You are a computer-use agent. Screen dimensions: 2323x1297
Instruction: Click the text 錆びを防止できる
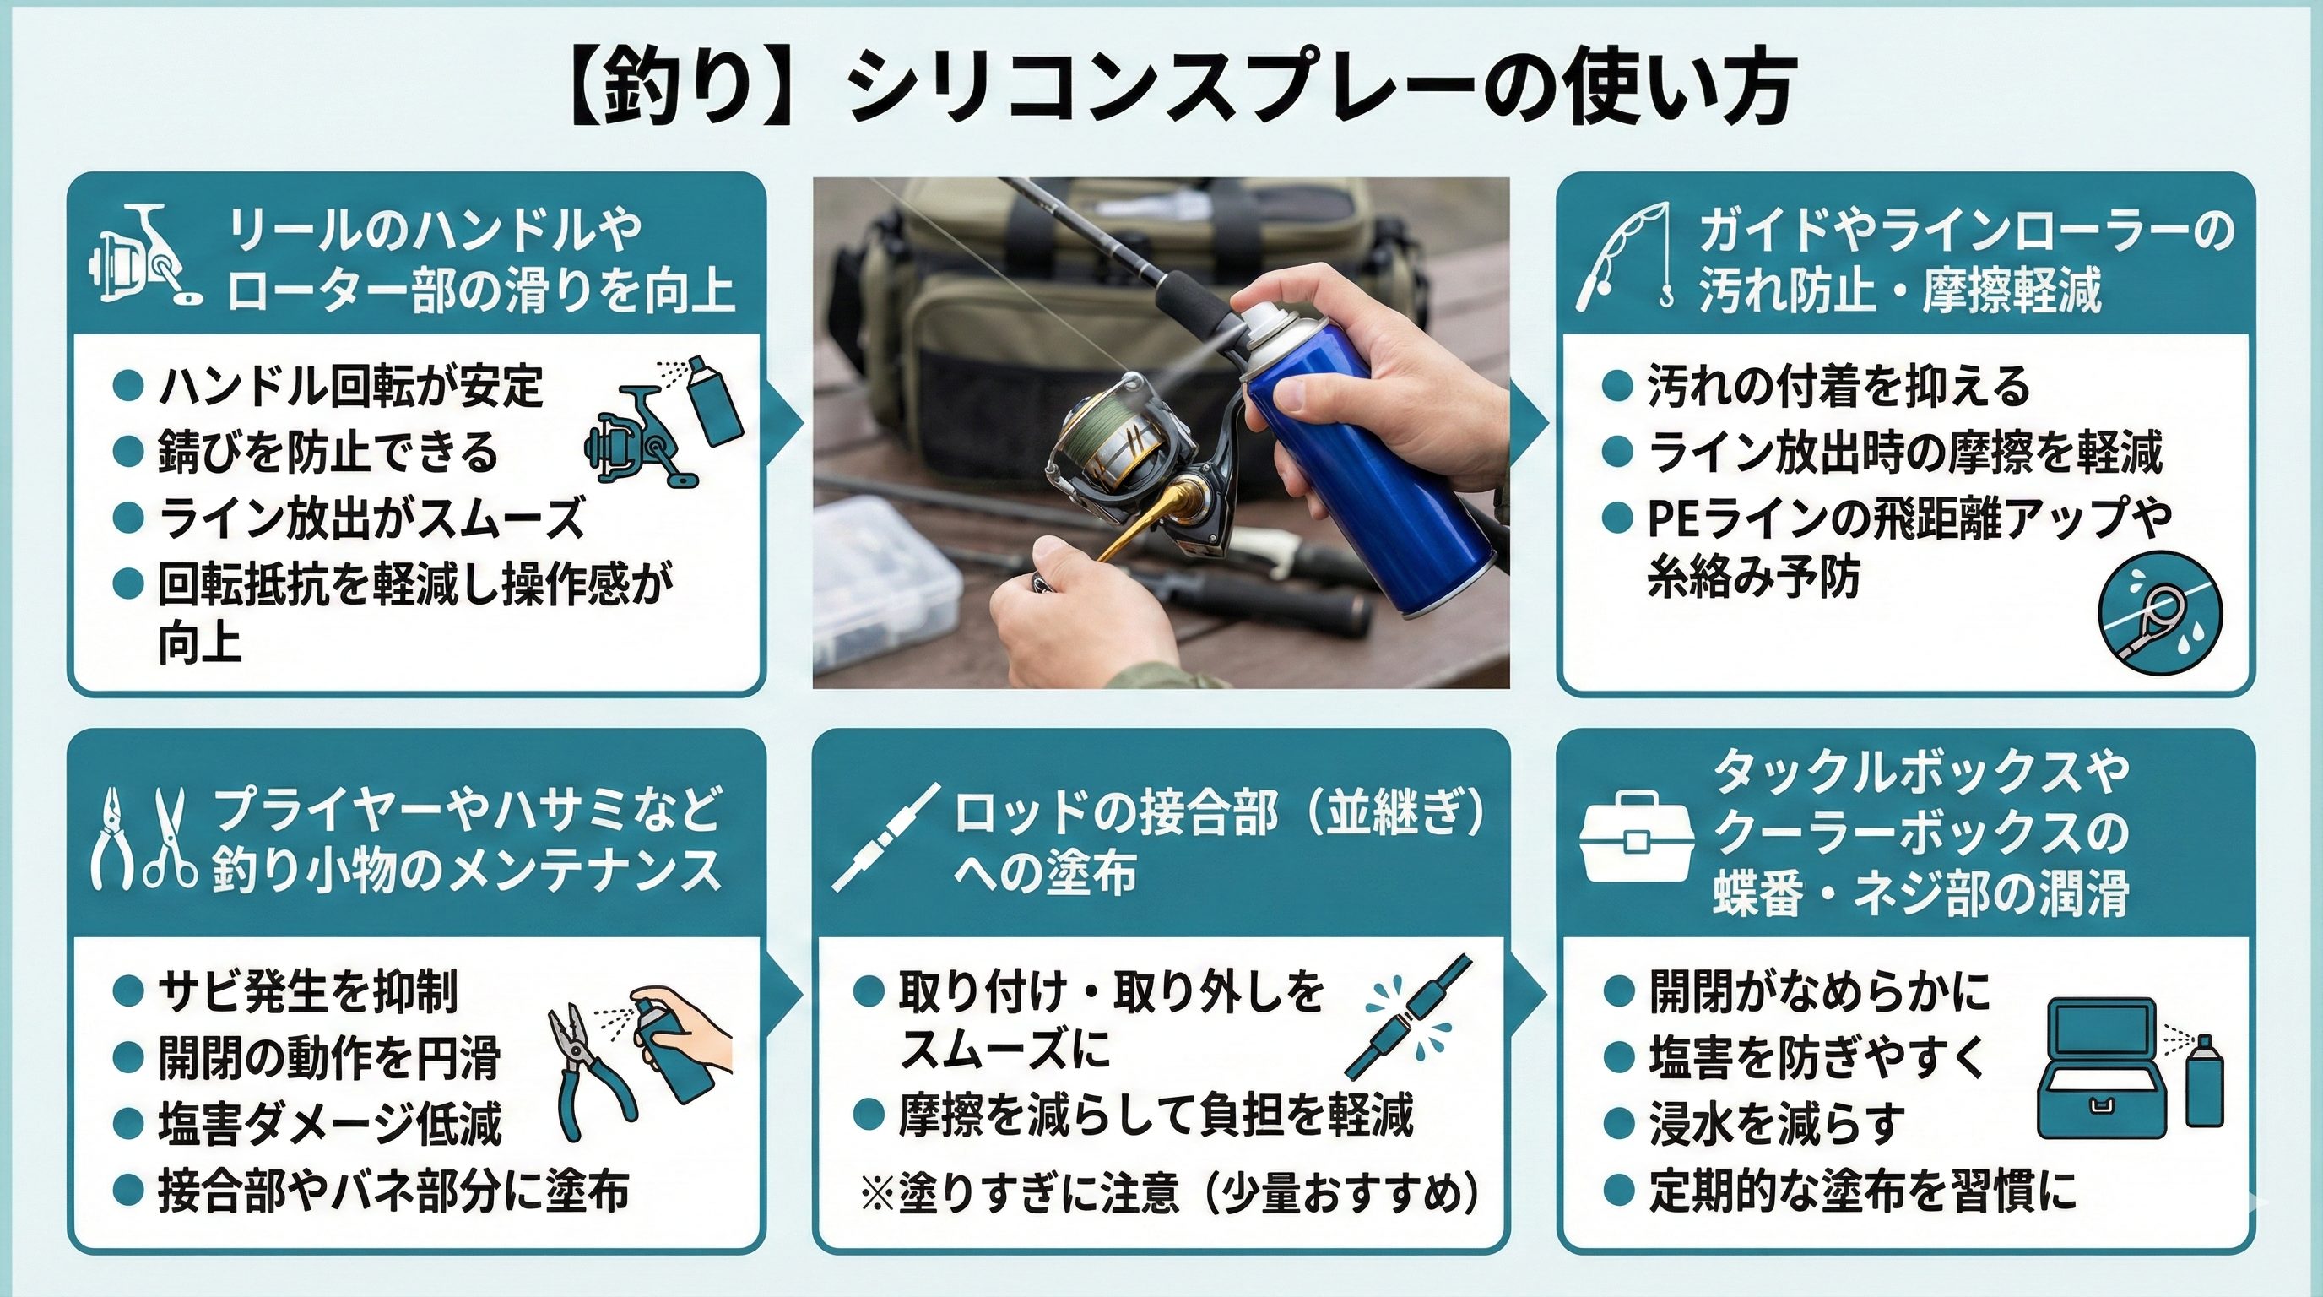pos(328,453)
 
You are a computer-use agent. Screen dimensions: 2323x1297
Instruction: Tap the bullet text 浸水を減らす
pos(1776,1125)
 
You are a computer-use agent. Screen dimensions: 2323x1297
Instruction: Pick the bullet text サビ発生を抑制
pos(307,991)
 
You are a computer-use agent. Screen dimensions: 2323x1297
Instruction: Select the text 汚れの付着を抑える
pos(1838,386)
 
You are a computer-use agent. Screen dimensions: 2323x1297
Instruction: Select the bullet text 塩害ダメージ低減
pos(329,1125)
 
